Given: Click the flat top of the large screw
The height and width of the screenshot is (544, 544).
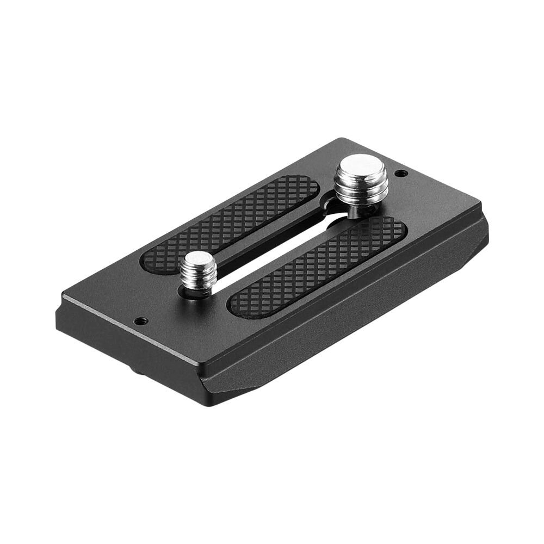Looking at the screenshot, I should pos(361,166).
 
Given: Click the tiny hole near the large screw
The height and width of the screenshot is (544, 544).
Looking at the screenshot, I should pos(401,174).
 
